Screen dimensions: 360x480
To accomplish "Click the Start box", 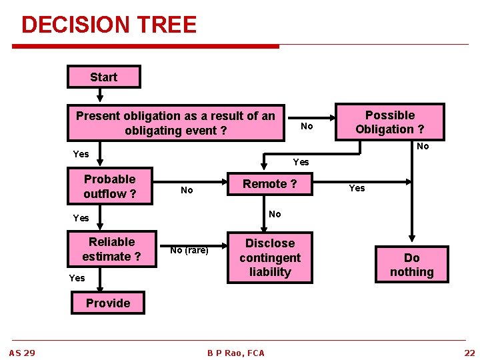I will [x=103, y=77].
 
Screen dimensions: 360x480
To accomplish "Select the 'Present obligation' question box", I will [x=175, y=123].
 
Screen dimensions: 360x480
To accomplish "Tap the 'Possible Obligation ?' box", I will [x=389, y=122].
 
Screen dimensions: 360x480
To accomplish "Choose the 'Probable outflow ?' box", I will [x=110, y=186].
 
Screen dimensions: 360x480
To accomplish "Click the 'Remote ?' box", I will [x=269, y=184].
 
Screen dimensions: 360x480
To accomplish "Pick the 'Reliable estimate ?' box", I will [x=111, y=249].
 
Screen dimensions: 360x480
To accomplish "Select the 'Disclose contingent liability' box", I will [x=269, y=257].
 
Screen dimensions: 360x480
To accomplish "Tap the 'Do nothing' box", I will [x=411, y=265].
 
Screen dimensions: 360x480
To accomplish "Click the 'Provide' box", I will [x=108, y=303].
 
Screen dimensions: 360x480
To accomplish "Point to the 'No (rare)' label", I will [x=189, y=250].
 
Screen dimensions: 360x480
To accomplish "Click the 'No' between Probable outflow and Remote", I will [x=187, y=190].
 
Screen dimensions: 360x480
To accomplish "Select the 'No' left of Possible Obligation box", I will [x=307, y=126].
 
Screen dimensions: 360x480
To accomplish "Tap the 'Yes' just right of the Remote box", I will [x=357, y=188].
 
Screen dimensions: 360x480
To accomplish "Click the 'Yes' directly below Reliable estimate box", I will [x=77, y=278].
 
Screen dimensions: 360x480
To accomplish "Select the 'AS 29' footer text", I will [x=22, y=352].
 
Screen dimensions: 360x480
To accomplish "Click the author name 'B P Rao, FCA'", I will [x=235, y=353].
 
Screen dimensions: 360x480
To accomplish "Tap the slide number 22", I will [x=469, y=352].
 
